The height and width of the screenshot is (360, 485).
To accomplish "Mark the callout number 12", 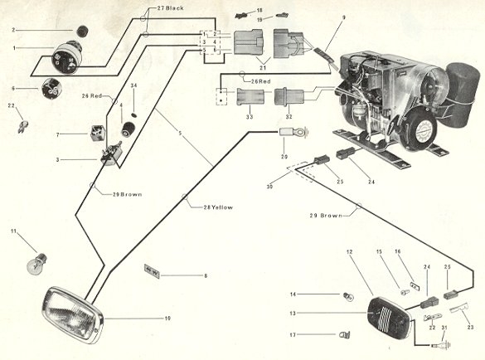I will (x=349, y=251).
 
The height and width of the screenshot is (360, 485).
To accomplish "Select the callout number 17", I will (x=316, y=335).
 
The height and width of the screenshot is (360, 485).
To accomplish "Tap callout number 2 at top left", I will (x=13, y=30).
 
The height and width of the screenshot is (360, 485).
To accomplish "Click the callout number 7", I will (x=57, y=134).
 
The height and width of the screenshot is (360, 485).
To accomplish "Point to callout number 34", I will (x=134, y=86).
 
